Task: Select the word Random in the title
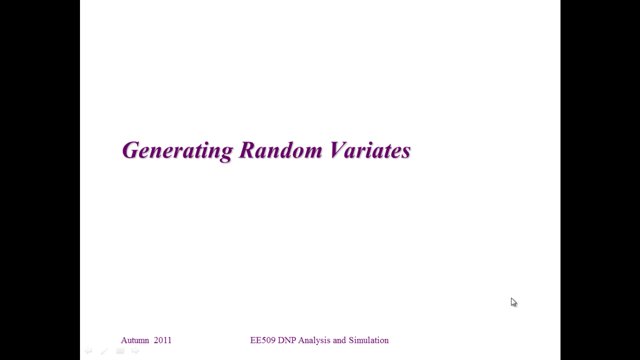(280, 149)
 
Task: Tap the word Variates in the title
(370, 149)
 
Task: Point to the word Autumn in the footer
(135, 340)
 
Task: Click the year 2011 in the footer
(162, 340)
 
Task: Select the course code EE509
(262, 340)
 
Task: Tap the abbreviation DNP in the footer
(287, 340)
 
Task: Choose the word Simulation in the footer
(368, 340)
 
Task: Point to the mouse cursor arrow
(513, 302)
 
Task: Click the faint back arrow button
(88, 350)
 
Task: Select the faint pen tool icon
(104, 351)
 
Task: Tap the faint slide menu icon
(120, 350)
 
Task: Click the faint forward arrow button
(135, 350)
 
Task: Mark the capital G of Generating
(130, 150)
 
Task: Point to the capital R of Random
(247, 149)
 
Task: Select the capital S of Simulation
(351, 340)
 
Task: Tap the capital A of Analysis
(301, 340)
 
